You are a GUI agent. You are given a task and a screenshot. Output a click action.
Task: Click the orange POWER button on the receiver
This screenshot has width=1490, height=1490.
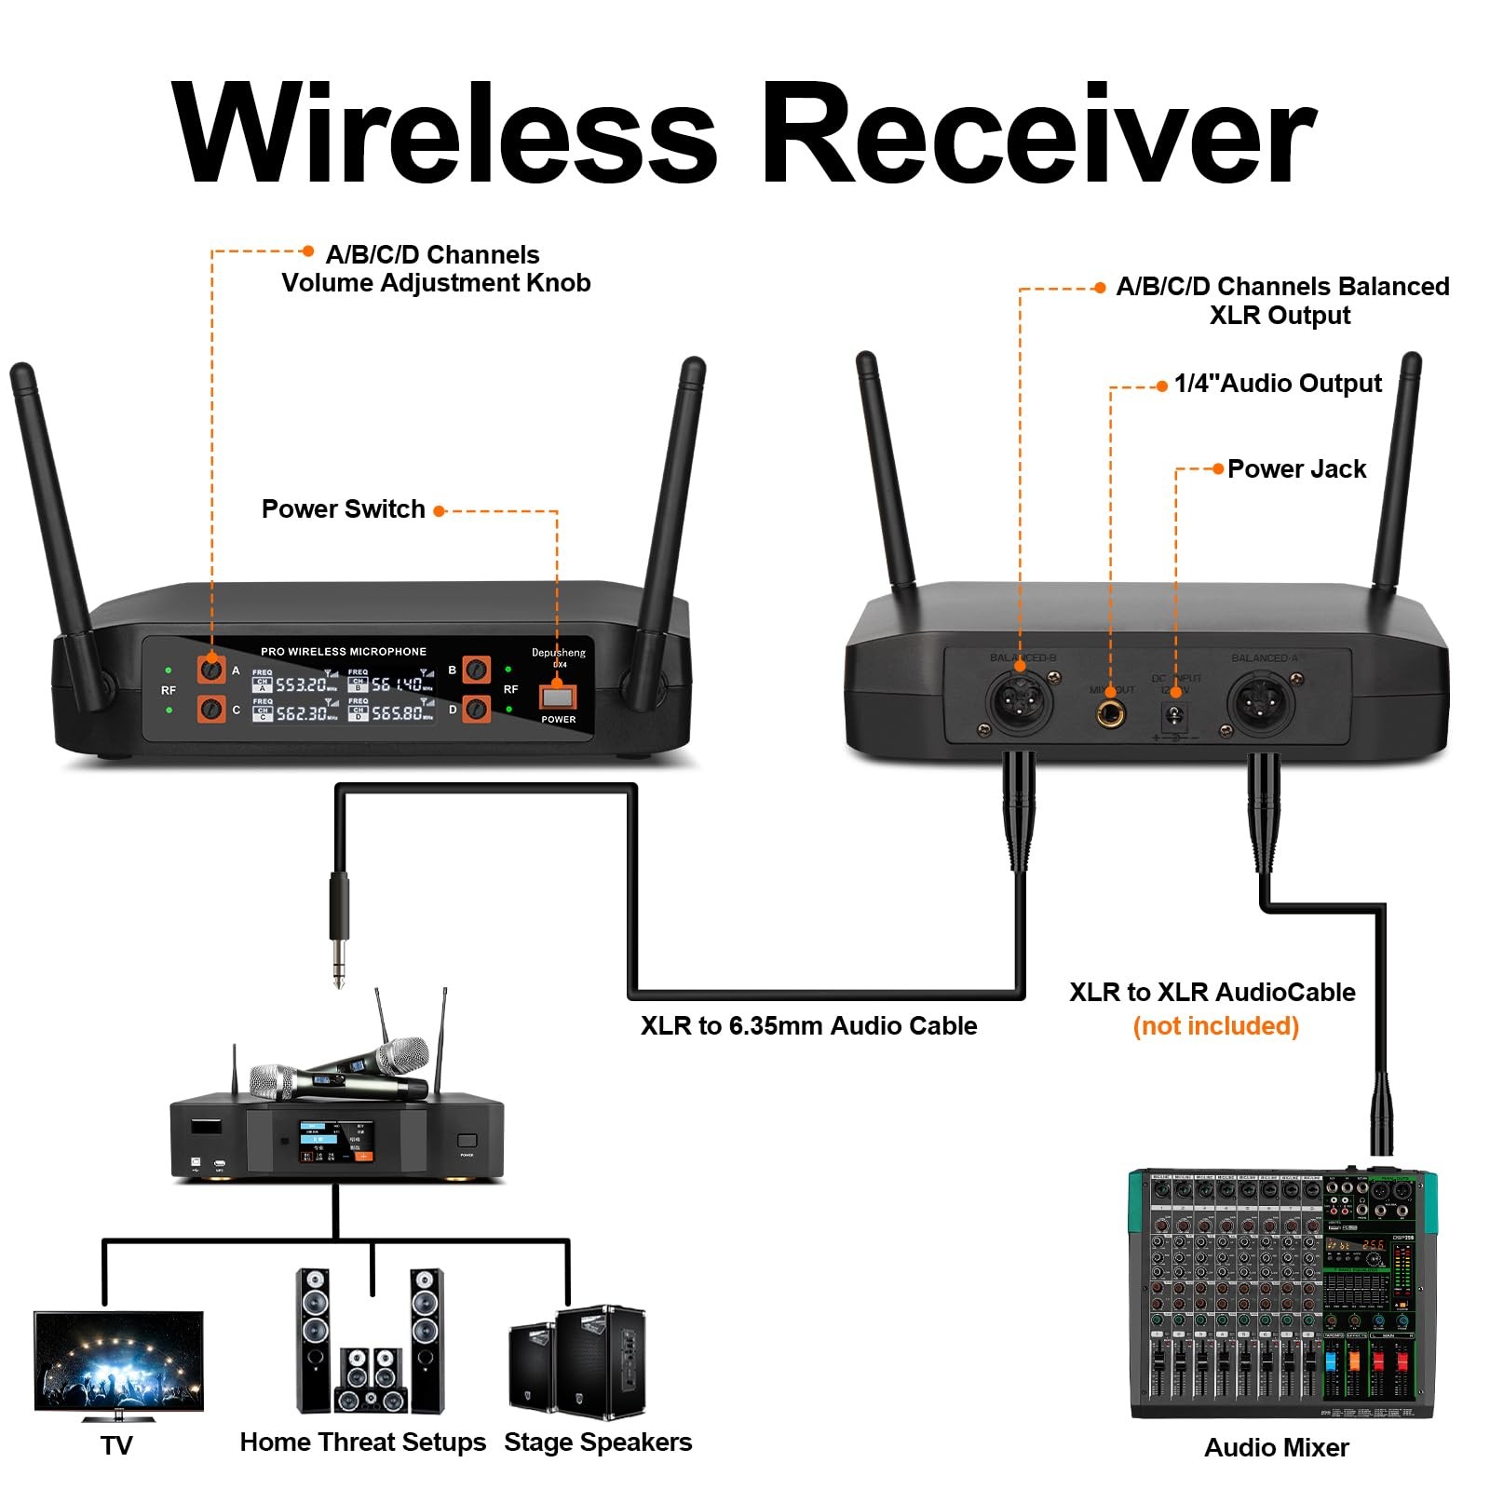[557, 697]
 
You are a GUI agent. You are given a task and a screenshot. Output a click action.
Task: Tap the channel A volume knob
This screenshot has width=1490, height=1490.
[211, 669]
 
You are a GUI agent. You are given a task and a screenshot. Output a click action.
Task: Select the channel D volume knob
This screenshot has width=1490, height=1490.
[476, 709]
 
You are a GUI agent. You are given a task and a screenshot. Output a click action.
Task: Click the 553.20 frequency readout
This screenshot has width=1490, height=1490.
[301, 684]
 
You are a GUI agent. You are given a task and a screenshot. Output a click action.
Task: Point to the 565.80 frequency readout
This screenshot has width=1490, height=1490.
[398, 713]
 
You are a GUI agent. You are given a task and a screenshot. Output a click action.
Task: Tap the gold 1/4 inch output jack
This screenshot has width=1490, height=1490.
[1109, 715]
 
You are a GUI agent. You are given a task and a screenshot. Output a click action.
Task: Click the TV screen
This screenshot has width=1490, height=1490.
[118, 1361]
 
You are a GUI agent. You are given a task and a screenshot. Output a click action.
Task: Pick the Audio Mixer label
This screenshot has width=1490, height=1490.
[1276, 1447]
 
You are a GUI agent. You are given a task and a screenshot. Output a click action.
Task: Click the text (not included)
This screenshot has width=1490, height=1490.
[1215, 1026]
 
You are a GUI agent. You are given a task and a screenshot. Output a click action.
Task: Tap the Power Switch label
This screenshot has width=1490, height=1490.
[343, 509]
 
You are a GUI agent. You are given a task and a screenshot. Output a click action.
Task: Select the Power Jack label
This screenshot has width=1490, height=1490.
[1296, 468]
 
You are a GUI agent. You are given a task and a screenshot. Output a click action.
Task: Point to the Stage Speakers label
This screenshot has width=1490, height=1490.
[598, 1443]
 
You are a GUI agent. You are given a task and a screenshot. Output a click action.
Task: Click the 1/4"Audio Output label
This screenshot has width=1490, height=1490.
[1278, 383]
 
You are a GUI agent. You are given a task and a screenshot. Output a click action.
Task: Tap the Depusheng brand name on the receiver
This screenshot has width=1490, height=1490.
[559, 652]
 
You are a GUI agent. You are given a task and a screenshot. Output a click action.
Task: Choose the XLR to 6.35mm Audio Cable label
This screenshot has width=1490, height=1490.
[808, 1026]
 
